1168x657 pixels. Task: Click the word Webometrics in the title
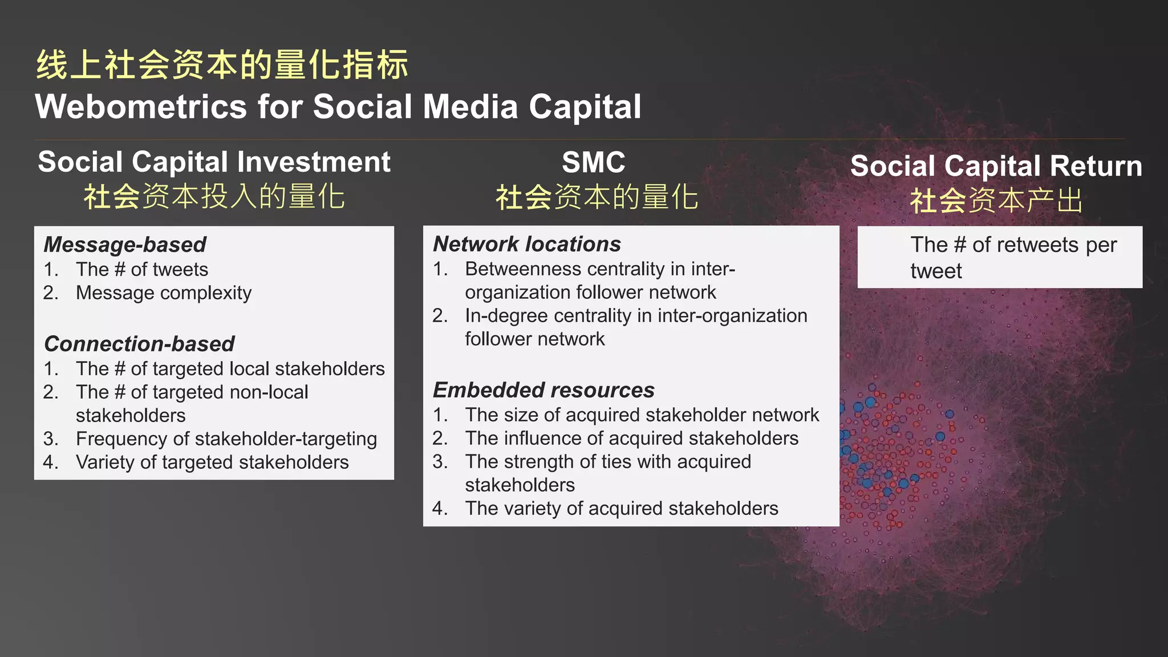[x=140, y=107]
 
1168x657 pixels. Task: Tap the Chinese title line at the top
[x=222, y=64]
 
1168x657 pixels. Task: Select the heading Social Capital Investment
[x=214, y=162]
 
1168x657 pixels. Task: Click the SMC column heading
[x=593, y=163]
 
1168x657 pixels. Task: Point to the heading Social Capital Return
[x=996, y=166]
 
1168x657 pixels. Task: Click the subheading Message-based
[x=124, y=245]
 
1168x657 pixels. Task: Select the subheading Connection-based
[x=139, y=344]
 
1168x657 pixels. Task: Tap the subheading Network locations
[x=526, y=244]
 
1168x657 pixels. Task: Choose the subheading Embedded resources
[x=543, y=390]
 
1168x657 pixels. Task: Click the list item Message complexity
[x=163, y=293]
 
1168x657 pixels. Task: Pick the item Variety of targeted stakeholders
[x=212, y=462]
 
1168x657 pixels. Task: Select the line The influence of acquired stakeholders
[x=631, y=438]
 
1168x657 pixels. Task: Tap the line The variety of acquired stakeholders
[x=621, y=508]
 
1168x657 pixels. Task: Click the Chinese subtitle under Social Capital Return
[x=996, y=201]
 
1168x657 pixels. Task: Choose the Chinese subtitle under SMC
[x=597, y=197]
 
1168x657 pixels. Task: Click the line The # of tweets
[x=141, y=269]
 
